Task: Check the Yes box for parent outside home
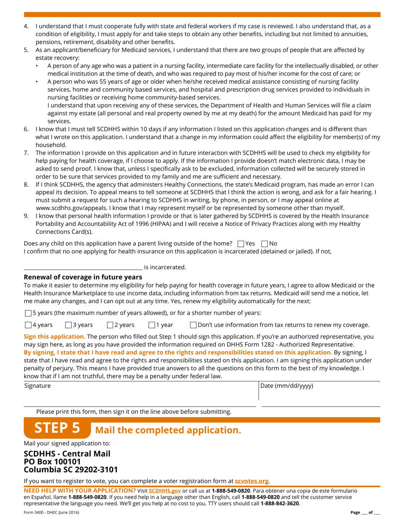coord(241,244)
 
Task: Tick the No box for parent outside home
coord(265,244)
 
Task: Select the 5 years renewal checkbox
coord(28,313)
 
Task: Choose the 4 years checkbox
coord(28,325)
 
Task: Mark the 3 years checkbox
coord(68,325)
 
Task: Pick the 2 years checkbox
coord(110,325)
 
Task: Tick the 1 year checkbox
coord(151,325)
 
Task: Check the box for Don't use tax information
coord(193,325)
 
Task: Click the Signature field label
coord(37,386)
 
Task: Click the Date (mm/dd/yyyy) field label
coord(287,386)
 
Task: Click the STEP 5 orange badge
coord(57,428)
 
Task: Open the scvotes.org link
coord(252,481)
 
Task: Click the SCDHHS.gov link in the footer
coord(165,491)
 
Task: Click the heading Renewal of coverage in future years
coord(83,277)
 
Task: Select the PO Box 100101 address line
coord(52,461)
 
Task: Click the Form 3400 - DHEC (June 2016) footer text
coord(51,513)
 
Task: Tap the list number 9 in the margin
coord(26,216)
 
